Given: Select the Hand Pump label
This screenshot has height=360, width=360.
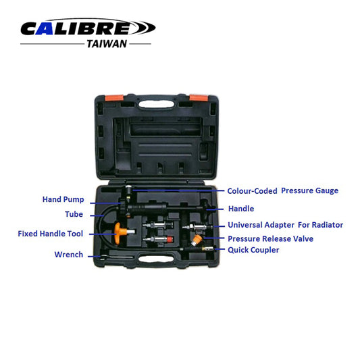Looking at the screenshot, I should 62,199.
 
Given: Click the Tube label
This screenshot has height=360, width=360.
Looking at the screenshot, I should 74,215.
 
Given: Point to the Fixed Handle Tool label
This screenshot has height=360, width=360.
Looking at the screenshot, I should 51,234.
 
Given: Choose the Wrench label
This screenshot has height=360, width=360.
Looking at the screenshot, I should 68,255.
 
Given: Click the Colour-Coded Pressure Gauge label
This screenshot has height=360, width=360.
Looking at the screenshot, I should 282,190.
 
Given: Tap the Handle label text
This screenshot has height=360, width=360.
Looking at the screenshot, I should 241,209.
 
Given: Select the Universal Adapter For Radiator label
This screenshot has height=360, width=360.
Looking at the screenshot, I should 285,225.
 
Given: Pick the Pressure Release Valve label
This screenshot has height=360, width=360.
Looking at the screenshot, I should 270,238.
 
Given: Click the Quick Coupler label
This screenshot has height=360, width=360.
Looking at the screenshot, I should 253,250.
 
